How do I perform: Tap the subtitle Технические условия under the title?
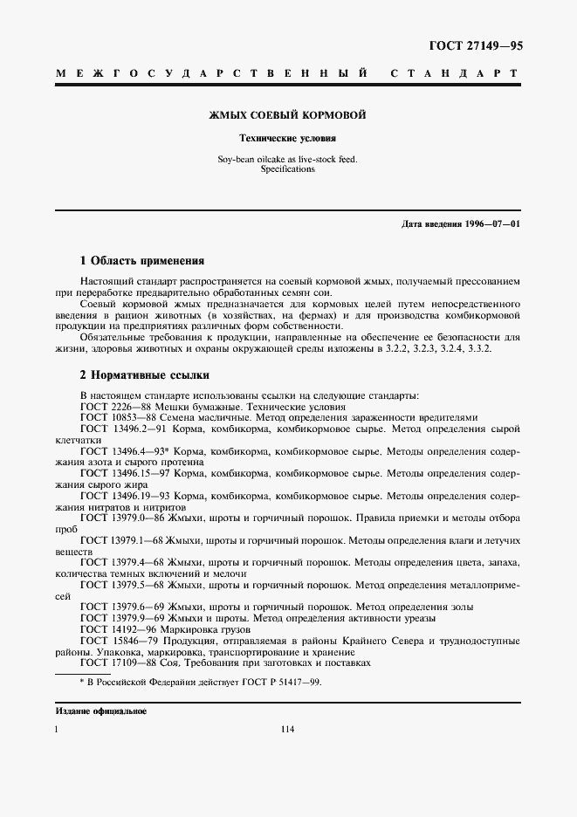pos(288,138)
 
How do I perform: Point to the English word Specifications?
pos(288,169)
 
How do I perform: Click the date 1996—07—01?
pos(492,225)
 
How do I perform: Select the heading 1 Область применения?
pos(141,260)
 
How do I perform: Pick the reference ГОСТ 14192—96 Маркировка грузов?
pos(165,628)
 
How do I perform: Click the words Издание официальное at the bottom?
pos(100,711)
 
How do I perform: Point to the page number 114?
pos(288,731)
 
